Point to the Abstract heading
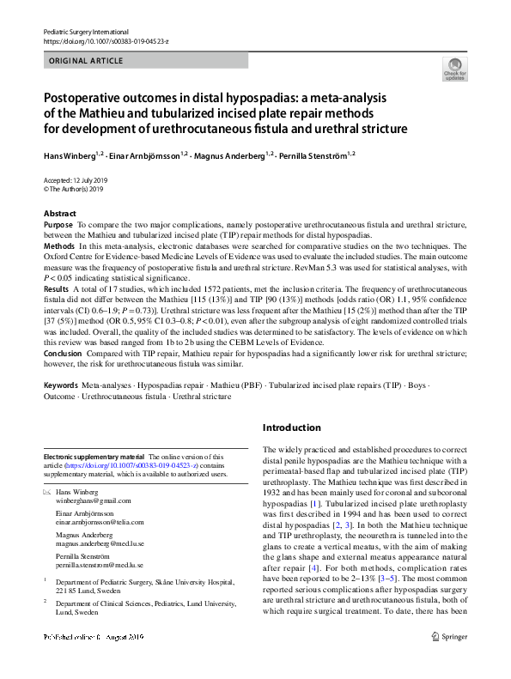tap(59, 214)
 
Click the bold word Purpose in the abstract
tap(58, 224)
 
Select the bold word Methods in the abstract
tap(59, 246)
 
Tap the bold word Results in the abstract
tap(58, 288)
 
